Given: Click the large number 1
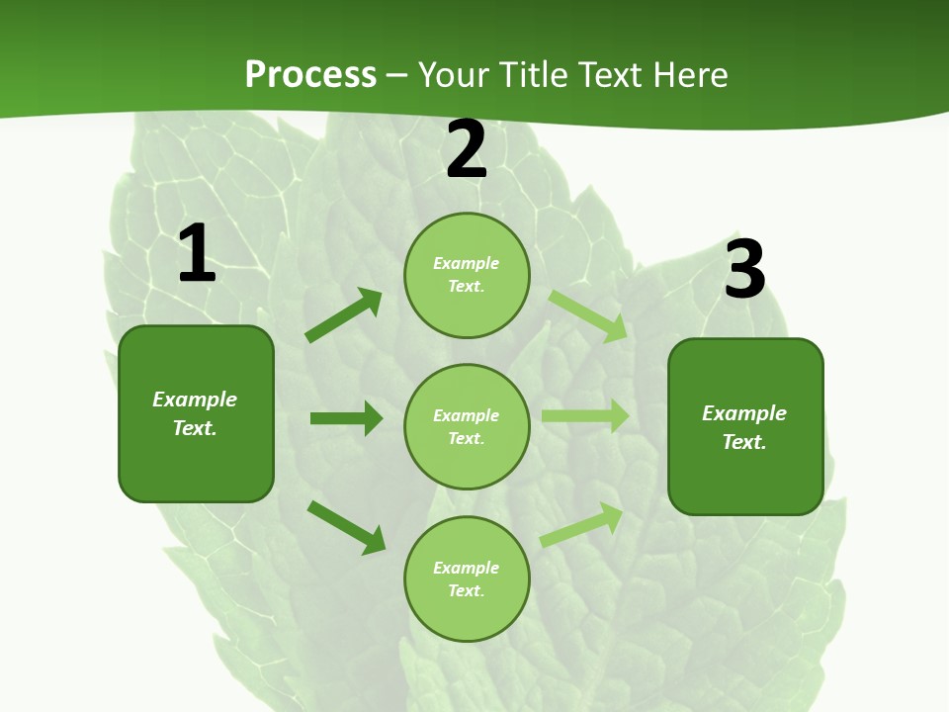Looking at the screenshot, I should pyautogui.click(x=197, y=254).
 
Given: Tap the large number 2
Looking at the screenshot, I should pyautogui.click(x=467, y=149).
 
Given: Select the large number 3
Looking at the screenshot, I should pyautogui.click(x=744, y=270).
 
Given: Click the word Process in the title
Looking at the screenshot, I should pyautogui.click(x=310, y=74).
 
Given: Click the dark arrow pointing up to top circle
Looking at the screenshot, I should pyautogui.click(x=344, y=315).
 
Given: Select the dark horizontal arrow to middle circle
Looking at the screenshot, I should pyautogui.click(x=346, y=418).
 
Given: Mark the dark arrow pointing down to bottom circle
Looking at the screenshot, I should pyautogui.click(x=346, y=526).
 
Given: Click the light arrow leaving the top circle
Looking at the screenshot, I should pyautogui.click(x=587, y=316).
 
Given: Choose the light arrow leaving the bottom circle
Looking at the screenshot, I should pyautogui.click(x=581, y=525).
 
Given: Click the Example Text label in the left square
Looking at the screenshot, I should pyautogui.click(x=195, y=413).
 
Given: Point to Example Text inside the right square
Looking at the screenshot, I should pyautogui.click(x=744, y=427).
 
